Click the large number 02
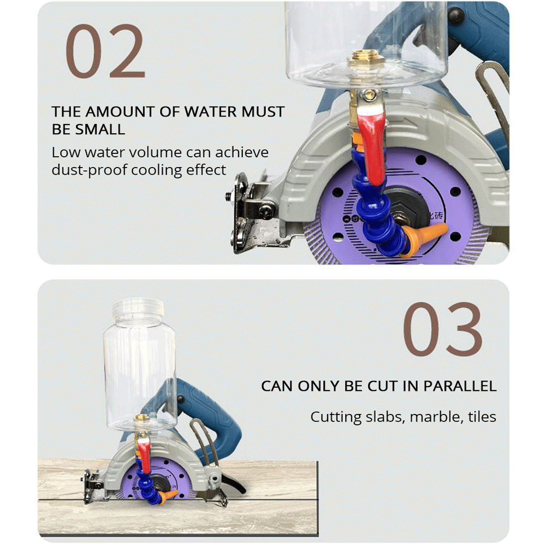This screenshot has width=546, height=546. tap(105, 51)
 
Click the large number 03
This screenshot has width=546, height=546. tap(443, 329)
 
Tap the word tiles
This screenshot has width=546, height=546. tap(482, 417)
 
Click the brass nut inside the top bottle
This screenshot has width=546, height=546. tap(367, 59)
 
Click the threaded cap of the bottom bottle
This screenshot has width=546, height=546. tap(138, 309)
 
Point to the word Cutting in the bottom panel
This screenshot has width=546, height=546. tap(336, 417)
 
